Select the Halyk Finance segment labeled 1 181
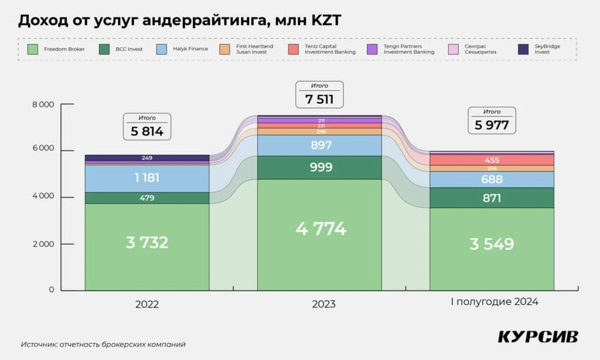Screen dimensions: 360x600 pos(147,178)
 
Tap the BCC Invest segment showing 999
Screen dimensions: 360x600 pos(319,167)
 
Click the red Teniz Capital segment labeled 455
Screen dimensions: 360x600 pos(492,160)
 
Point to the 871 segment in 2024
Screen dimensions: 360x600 pos(492,198)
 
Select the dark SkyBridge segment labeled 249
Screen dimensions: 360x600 pos(147,158)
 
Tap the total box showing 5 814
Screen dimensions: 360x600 pos(147,127)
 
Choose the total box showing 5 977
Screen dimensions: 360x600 pos(492,120)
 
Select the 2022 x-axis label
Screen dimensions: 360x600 pos(147,304)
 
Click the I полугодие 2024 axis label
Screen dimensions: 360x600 pos(494,303)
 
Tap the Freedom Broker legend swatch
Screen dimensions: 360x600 pos(33,49)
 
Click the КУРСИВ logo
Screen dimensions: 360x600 pos(538,337)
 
